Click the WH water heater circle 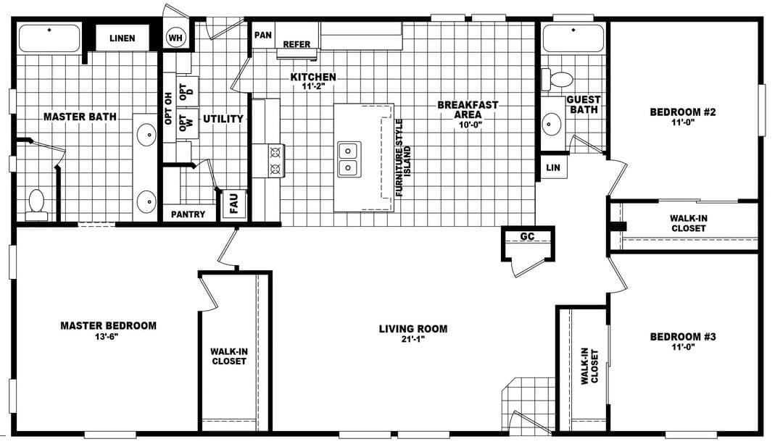point(175,37)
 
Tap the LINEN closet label point(122,38)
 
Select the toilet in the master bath point(36,204)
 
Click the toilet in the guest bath point(559,78)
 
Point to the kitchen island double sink point(348,159)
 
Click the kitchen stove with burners point(275,161)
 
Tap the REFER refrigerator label point(297,44)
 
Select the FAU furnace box point(234,204)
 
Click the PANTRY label point(188,214)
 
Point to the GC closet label point(527,236)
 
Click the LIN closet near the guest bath point(552,167)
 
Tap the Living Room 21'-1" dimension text point(413,339)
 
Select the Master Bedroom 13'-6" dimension point(108,336)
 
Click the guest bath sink point(552,124)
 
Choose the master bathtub point(49,38)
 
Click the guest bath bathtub point(573,38)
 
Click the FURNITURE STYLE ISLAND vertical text point(403,158)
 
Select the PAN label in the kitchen point(262,34)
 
